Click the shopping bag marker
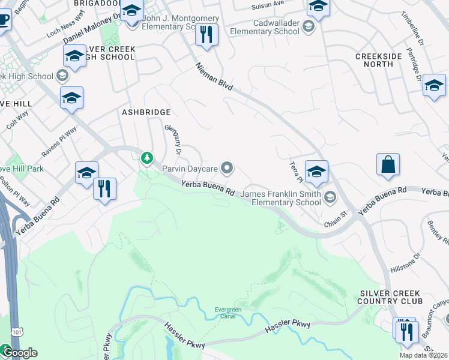pos(388,164)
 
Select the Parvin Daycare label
pos(189,169)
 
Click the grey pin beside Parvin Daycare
pos(227,169)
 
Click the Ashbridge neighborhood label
pos(146,112)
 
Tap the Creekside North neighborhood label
pos(378,61)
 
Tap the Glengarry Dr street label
pos(172,134)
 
